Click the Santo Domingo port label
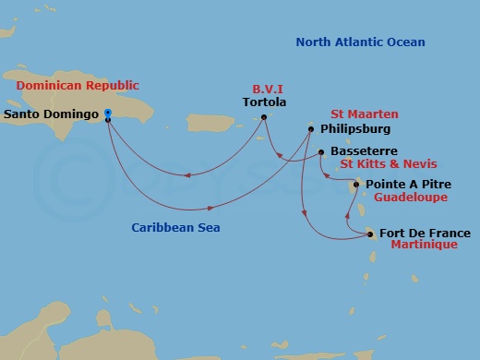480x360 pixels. coord(53,115)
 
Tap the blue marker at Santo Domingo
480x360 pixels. coord(108,114)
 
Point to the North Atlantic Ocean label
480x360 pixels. coord(360,42)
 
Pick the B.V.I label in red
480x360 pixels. coord(267,90)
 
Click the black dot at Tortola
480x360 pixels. coord(264,116)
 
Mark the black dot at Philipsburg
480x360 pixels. coord(312,129)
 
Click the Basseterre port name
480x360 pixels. coord(364,151)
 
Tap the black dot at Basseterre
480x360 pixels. coord(320,151)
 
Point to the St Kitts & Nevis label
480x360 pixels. coord(378,164)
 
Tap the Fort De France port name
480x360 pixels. coord(425,234)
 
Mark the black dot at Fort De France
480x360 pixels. coord(371,234)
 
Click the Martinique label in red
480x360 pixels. coord(424,246)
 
